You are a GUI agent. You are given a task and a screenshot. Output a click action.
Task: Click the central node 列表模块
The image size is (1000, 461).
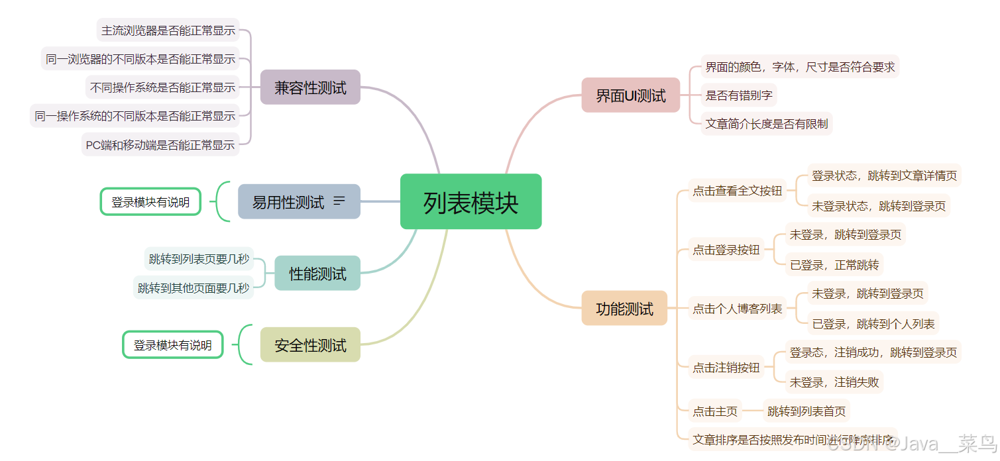pyautogui.click(x=471, y=202)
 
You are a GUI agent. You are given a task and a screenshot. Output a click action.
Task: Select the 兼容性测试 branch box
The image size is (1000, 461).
pyautogui.click(x=310, y=87)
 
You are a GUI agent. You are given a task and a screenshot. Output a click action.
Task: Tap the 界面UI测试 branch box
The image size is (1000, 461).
pyautogui.click(x=630, y=95)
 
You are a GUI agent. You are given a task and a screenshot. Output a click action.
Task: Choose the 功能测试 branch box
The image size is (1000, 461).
pyautogui.click(x=624, y=309)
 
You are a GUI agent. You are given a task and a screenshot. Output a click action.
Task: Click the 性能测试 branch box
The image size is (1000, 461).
pyautogui.click(x=317, y=274)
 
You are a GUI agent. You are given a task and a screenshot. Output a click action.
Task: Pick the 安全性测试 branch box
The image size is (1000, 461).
pyautogui.click(x=310, y=345)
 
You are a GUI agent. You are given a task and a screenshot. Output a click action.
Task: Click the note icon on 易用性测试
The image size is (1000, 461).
pyautogui.click(x=339, y=201)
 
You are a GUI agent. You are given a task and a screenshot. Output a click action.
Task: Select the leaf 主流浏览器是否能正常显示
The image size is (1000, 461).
pyautogui.click(x=168, y=30)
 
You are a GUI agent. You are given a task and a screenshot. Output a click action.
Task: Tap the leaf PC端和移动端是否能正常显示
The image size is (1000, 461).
pyautogui.click(x=160, y=144)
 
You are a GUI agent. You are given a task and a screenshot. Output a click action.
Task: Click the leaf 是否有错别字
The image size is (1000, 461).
pyautogui.click(x=739, y=95)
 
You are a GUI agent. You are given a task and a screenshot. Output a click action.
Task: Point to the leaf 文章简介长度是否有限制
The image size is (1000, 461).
pyautogui.click(x=767, y=124)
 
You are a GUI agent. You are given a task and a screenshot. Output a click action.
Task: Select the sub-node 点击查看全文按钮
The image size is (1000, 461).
pyautogui.click(x=737, y=191)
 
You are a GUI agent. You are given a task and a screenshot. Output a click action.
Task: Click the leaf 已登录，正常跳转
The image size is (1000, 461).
pyautogui.click(x=834, y=265)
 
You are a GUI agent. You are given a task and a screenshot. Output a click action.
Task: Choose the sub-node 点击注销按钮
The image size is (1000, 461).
pyautogui.click(x=726, y=368)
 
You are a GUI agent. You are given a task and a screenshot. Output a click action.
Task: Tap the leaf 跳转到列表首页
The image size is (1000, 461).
pyautogui.click(x=806, y=411)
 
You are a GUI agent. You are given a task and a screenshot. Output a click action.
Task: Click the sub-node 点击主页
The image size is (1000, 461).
pyautogui.click(x=715, y=411)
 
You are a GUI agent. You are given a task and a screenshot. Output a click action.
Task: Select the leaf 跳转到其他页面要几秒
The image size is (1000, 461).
pyautogui.click(x=194, y=287)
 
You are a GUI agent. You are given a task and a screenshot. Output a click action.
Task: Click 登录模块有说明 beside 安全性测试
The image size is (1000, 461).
pyautogui.click(x=173, y=345)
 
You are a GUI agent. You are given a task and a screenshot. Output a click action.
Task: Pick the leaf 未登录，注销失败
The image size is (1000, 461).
pyautogui.click(x=834, y=382)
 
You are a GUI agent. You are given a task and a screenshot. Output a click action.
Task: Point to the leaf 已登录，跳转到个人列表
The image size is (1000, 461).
pyautogui.click(x=873, y=324)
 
